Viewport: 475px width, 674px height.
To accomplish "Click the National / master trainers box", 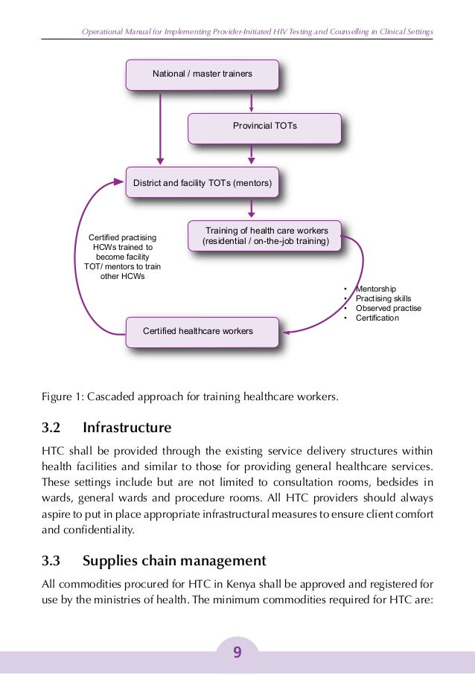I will [x=203, y=74].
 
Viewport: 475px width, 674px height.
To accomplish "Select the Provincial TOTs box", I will [x=264, y=126].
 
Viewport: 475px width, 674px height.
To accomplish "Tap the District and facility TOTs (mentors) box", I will [x=203, y=182].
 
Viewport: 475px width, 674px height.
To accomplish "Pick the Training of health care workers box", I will [x=272, y=235].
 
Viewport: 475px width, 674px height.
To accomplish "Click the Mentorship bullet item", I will [x=376, y=289].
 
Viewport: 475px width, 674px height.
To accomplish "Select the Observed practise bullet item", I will [x=388, y=308].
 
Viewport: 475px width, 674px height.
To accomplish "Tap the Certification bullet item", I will [x=377, y=318].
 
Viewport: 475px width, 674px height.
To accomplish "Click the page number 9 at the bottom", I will [x=237, y=652].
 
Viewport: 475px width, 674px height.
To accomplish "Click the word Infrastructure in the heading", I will [x=127, y=428].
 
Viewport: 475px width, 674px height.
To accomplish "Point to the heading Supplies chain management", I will [x=174, y=560].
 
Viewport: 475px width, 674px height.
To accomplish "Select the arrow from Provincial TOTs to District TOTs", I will [x=252, y=155].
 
